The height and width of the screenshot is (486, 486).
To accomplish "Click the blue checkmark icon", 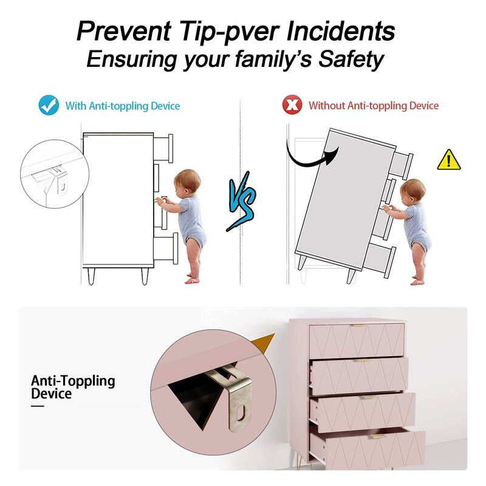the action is point(49,105).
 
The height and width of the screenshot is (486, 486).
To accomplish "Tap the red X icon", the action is point(292,104).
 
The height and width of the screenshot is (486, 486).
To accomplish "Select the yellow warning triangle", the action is point(449,160).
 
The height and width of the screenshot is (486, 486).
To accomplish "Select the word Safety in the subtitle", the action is point(351,59).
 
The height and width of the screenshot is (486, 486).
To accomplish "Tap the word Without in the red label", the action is point(327,105).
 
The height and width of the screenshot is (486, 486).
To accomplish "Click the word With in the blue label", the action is point(75,106).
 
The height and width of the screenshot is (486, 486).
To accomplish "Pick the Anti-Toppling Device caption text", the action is point(73,387).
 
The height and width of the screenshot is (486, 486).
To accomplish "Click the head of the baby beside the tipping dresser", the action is point(412,191).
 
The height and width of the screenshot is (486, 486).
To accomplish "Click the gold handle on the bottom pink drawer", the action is point(377,436).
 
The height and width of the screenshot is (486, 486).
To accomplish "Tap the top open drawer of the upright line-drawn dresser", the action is point(163,148).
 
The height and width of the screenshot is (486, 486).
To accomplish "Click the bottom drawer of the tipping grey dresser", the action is point(380,261).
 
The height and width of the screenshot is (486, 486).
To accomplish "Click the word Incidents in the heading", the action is point(341,31).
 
